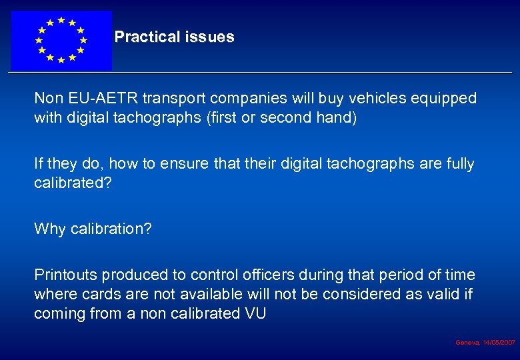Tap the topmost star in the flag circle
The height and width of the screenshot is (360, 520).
click(x=61, y=20)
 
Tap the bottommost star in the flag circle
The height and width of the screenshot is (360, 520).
click(x=61, y=60)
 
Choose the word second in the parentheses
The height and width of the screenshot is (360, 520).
click(x=286, y=119)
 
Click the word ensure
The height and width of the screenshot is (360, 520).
click(x=183, y=164)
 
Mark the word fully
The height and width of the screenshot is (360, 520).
click(x=459, y=164)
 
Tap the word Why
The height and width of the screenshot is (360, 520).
click(x=49, y=229)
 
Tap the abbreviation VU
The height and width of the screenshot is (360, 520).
click(x=254, y=313)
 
